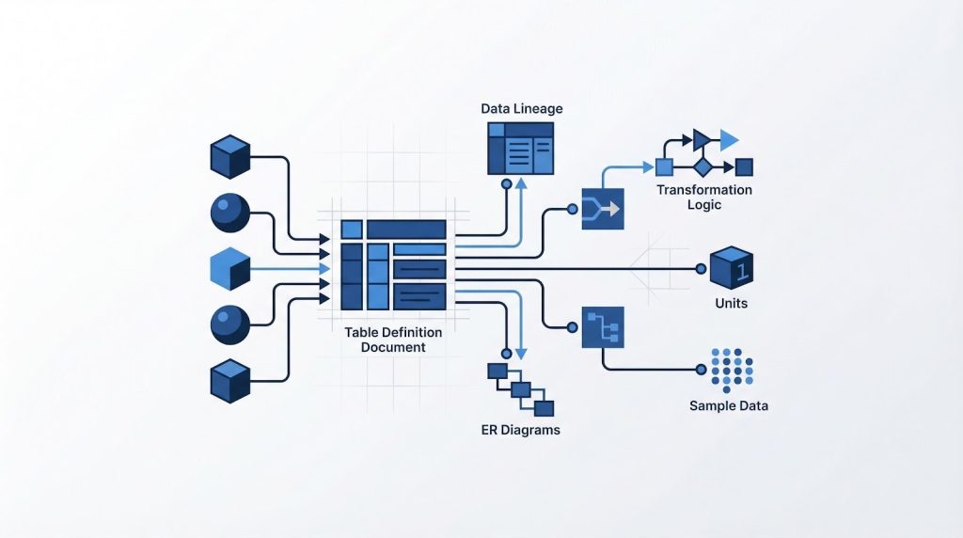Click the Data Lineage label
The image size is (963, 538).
click(521, 109)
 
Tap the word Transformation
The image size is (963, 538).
click(703, 190)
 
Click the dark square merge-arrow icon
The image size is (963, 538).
click(603, 209)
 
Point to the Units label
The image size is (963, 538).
click(731, 304)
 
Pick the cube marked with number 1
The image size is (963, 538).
click(731, 268)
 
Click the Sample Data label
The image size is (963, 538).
click(728, 406)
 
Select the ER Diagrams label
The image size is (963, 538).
click(520, 430)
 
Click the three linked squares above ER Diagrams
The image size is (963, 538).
click(520, 388)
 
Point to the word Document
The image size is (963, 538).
click(394, 347)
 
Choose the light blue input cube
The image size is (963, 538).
click(229, 269)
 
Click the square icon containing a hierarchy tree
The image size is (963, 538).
click(603, 327)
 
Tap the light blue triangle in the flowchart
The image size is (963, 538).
click(729, 141)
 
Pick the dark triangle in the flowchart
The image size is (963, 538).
click(701, 141)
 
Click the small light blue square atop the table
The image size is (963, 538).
click(351, 229)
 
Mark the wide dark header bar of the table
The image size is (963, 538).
click(405, 229)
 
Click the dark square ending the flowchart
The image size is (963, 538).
click(744, 167)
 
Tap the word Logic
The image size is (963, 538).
click(704, 204)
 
